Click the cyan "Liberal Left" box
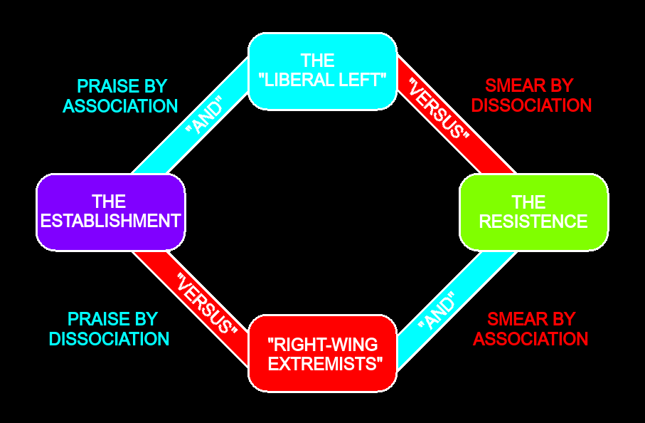pos(323,71)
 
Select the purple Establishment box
pos(111,212)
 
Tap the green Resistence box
pos(533,212)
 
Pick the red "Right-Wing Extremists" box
pos(323,353)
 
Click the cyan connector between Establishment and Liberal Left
pos(190,116)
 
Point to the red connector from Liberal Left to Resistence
pos(457,115)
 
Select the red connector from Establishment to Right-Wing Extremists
pos(190,308)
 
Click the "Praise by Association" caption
pos(120,96)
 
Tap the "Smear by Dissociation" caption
pos(531,95)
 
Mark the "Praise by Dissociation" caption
pos(109,329)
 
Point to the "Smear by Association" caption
pos(531,329)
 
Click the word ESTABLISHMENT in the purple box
pos(111,221)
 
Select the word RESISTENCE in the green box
pos(533,221)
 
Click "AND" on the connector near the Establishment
pos(204,115)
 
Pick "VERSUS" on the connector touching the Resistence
pos(439,109)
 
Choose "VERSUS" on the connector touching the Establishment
pos(207,303)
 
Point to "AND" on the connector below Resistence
pos(437,310)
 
